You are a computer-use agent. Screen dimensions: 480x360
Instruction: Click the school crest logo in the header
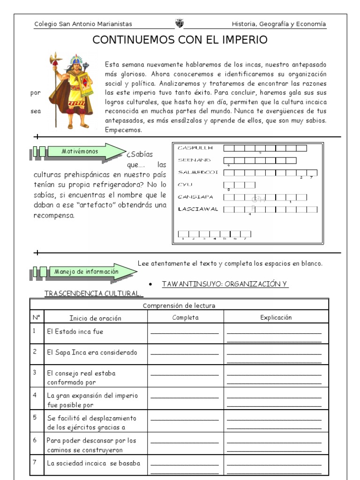[x=180, y=23]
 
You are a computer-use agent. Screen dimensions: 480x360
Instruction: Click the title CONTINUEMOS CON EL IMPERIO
[x=180, y=40]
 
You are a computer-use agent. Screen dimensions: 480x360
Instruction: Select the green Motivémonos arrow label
[x=80, y=151]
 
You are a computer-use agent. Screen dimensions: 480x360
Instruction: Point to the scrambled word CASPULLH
[x=195, y=148]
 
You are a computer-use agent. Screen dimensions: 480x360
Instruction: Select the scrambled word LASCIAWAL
[x=198, y=209]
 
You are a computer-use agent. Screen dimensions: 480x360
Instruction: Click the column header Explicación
[x=276, y=317]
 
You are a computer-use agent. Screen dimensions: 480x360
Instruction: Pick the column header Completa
[x=185, y=317]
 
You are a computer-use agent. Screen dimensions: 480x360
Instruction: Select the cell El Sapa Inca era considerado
[x=92, y=352]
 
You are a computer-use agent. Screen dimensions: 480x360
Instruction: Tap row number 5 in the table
[x=35, y=416]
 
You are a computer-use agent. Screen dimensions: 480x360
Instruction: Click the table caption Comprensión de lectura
[x=179, y=306]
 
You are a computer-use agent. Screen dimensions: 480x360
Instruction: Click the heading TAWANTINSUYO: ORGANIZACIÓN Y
[x=225, y=285]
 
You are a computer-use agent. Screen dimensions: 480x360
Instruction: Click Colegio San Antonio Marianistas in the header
[x=83, y=24]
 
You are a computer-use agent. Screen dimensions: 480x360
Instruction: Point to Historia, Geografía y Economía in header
[x=279, y=24]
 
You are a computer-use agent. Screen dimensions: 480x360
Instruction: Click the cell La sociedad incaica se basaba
[x=93, y=464]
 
